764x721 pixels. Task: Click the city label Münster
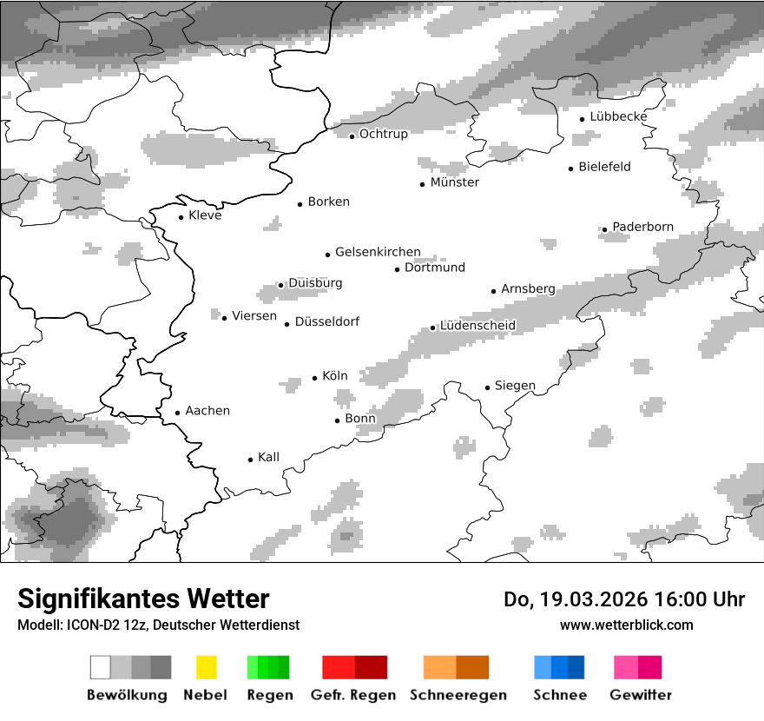454,182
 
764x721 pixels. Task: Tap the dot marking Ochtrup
352,136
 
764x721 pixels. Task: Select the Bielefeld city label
604,167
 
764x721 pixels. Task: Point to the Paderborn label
642,227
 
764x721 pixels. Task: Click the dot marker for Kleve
181,217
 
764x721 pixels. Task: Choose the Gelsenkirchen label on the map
378,252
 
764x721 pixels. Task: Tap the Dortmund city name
435,268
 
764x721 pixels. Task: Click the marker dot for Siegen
487,387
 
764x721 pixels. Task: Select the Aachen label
207,411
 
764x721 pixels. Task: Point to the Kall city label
268,457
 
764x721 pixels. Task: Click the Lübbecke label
618,116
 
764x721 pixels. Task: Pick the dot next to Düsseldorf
286,324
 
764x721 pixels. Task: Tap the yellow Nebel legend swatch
206,667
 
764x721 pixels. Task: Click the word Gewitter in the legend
640,695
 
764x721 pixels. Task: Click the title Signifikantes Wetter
143,599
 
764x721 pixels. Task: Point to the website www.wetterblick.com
626,625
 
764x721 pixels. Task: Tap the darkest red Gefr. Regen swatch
371,667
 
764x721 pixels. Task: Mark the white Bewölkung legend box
101,667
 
